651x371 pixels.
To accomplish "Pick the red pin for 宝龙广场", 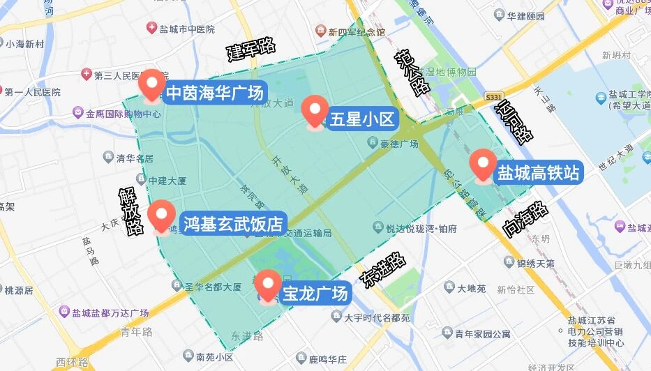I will coord(267,285).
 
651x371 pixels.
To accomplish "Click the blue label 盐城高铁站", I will coord(538,172).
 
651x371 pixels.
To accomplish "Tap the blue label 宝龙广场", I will coord(315,294).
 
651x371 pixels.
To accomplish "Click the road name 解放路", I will coord(130,210).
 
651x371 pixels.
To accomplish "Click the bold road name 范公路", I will coord(411,73).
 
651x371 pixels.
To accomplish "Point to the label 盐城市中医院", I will coord(181,29).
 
